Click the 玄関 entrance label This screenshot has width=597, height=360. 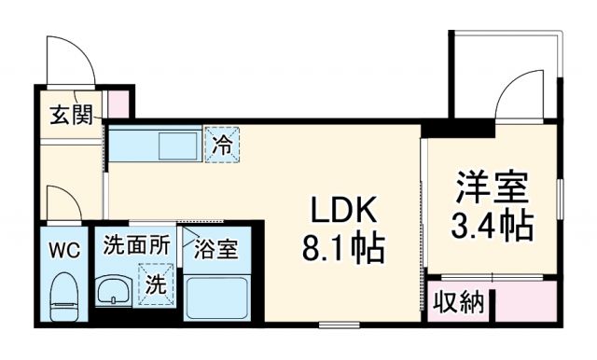point(70,115)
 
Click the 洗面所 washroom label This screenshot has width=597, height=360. point(136,246)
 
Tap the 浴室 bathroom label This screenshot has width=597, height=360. point(215,249)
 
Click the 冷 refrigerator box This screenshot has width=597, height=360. point(222,145)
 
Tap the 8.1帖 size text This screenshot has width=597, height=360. point(342,249)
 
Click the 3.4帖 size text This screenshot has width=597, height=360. point(492,227)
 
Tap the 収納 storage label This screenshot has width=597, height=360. point(459,302)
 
